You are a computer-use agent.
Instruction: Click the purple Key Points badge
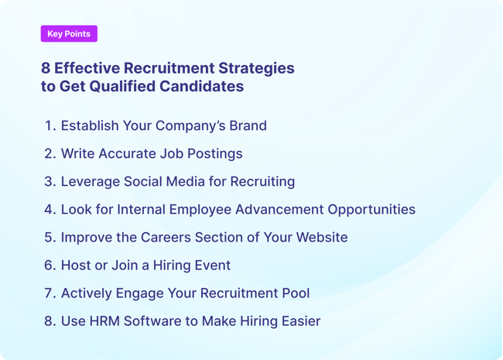pos(69,34)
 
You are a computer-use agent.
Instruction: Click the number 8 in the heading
pos(46,68)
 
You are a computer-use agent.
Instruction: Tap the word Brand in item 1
pos(247,125)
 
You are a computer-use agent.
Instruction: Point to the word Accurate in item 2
pos(128,153)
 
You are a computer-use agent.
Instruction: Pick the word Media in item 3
pos(193,181)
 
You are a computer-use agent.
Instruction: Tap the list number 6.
pos(50,265)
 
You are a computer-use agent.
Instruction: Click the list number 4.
pos(50,209)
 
